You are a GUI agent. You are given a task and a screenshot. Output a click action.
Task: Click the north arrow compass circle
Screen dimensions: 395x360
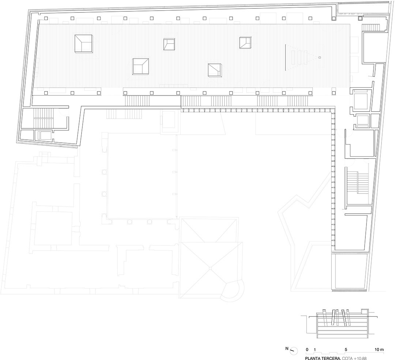(294, 351)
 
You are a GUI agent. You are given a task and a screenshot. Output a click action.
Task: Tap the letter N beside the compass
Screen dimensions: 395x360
(287, 349)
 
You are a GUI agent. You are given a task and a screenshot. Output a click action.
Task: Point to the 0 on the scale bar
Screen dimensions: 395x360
(307, 349)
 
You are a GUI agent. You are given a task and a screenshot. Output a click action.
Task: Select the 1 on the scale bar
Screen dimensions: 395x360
(315, 349)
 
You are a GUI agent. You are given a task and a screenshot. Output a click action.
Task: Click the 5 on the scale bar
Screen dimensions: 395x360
(346, 349)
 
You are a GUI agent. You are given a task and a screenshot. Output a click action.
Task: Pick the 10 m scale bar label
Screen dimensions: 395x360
(379, 349)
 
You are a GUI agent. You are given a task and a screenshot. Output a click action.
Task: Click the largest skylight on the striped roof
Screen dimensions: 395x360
(84, 44)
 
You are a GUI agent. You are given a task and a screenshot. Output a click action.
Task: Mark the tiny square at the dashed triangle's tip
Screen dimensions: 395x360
(320, 57)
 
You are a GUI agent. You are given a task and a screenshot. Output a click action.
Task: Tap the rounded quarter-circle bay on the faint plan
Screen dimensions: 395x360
(234, 290)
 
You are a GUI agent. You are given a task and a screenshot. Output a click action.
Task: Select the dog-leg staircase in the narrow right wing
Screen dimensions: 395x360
(358, 183)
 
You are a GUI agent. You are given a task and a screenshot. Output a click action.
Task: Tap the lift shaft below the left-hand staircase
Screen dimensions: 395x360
(44, 135)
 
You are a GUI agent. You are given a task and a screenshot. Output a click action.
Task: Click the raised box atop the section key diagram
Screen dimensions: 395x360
(365, 311)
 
